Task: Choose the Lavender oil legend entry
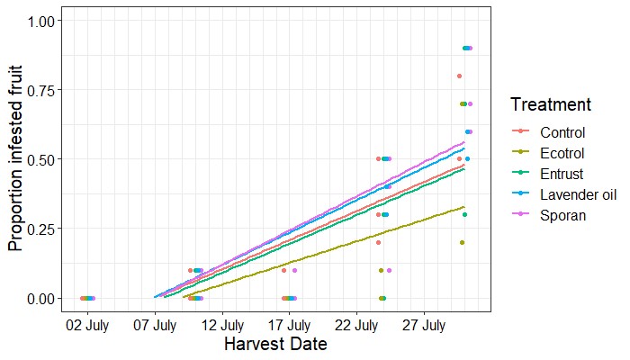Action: point(571,194)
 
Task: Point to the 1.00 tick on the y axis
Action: point(39,21)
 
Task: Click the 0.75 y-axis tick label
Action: point(39,90)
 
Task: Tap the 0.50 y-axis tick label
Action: point(39,159)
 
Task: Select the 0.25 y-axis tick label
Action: point(39,229)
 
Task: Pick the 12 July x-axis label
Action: point(221,324)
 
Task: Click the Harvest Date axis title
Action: point(274,345)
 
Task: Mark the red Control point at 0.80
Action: point(459,76)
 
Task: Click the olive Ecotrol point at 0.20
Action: point(462,243)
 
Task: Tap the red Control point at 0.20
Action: point(378,243)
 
